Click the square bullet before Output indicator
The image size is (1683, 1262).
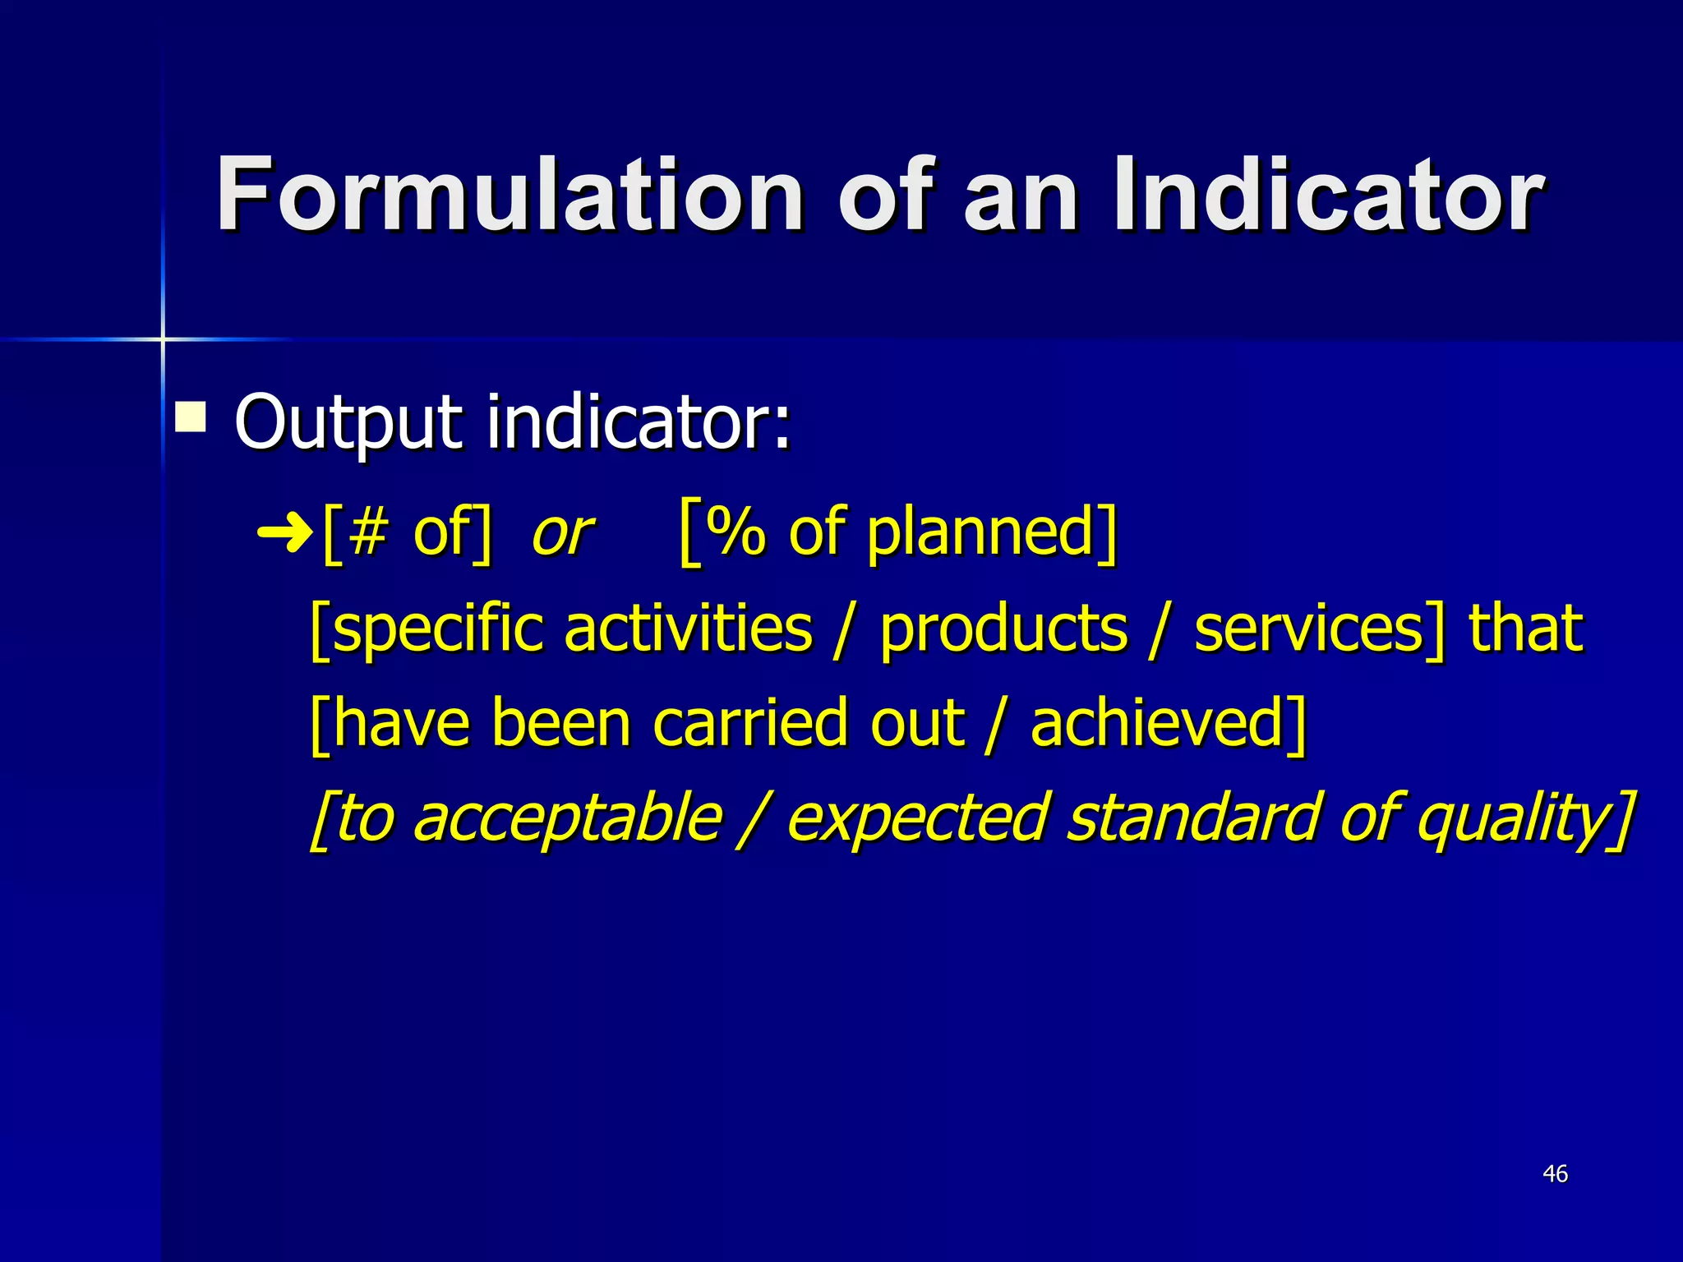(191, 417)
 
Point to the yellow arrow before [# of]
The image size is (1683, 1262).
(284, 535)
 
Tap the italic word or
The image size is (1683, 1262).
(562, 534)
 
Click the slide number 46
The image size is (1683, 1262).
(1555, 1174)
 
